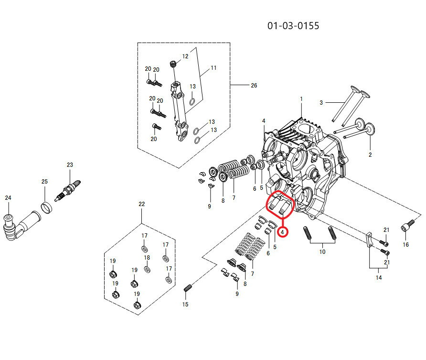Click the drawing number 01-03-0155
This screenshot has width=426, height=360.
tap(293, 25)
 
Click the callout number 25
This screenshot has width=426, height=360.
tap(44, 182)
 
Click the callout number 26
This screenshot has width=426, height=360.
tap(254, 86)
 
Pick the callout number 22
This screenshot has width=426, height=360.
tap(141, 204)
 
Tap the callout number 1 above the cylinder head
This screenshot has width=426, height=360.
tap(301, 99)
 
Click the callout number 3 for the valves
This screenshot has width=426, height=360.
tap(321, 102)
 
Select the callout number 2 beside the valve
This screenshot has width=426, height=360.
tap(370, 154)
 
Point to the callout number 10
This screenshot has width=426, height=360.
tap(322, 251)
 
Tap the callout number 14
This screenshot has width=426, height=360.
tap(379, 277)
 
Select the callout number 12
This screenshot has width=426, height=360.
tap(185, 56)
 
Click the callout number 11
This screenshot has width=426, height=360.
tap(213, 68)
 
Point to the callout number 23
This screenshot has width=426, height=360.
tap(70, 165)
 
